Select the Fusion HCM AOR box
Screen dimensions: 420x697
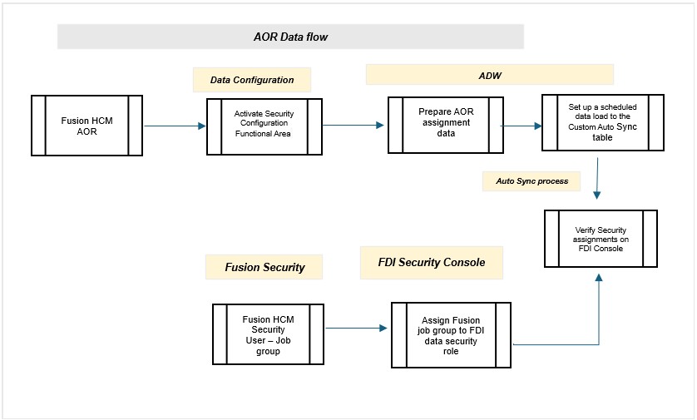(86, 126)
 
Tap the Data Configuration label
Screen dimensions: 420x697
(251, 80)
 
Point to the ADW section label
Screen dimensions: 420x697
(490, 74)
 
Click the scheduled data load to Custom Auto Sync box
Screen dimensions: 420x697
(602, 122)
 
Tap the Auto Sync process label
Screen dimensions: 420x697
(532, 180)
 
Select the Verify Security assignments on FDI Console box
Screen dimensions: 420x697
(601, 238)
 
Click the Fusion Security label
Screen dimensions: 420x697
(264, 267)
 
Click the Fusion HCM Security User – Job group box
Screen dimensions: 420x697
(267, 334)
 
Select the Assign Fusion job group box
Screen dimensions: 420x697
(452, 335)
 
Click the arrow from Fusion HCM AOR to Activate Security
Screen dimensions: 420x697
(175, 126)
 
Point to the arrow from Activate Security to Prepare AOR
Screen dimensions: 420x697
(353, 126)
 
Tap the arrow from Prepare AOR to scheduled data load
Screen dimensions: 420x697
(521, 127)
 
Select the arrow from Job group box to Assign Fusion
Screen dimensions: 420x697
(356, 329)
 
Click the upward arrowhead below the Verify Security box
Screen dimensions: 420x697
(598, 279)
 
